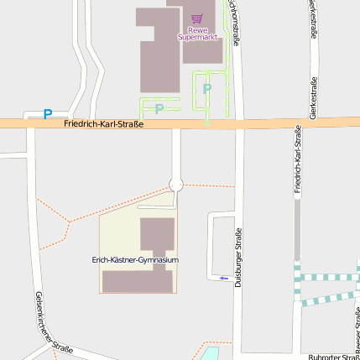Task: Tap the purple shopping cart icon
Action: pos(197,18)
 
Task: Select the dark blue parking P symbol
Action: pos(48,113)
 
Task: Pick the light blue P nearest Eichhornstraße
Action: pos(207,88)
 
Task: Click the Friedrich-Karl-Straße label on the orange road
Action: pos(103,124)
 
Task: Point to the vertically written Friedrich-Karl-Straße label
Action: pos(297,159)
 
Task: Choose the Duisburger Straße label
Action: pos(238,258)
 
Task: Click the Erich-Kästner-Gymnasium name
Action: pos(135,260)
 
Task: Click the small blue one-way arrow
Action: pos(224,278)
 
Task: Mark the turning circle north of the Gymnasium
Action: pos(176,185)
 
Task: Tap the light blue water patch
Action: pos(211,352)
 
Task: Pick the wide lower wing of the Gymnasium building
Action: pos(138,281)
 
